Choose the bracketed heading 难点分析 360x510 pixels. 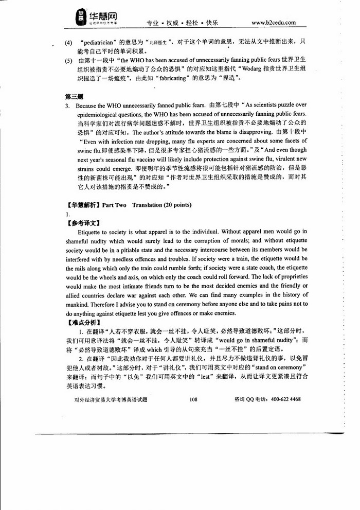[x=83, y=323]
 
